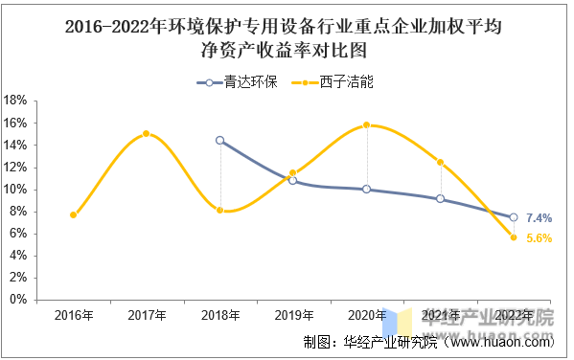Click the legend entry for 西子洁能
point(334,82)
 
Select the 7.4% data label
point(540,218)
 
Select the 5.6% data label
point(540,238)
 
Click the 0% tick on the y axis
point(18,300)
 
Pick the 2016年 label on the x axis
point(74,316)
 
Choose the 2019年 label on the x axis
point(293,316)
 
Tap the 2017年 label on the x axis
point(147,316)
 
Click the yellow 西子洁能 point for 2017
point(147,133)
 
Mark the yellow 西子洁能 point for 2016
point(74,214)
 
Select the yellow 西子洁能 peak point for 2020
point(367,124)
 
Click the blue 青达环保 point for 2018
point(220,140)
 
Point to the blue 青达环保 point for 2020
point(367,189)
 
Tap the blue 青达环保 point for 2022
point(514,217)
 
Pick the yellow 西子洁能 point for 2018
point(220,210)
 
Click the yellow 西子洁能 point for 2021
point(440,162)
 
